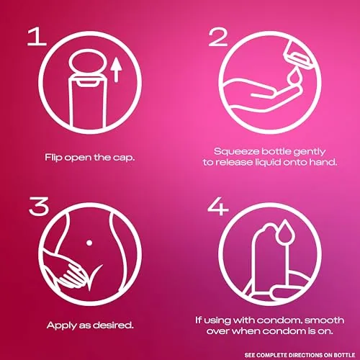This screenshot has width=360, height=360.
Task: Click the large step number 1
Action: pos(37,37)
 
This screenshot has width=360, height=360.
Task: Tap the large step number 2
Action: pos(218,37)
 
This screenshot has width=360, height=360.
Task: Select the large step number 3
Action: pos(39,206)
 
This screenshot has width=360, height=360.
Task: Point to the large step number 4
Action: pos(218,206)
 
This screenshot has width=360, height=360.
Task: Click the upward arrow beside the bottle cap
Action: pos(117,70)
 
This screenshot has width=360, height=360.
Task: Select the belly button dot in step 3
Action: pos(89,243)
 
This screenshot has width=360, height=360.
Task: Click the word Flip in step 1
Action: pos(53,158)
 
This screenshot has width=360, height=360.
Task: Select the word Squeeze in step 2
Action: pos(236,152)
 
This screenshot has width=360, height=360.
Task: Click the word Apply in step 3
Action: pos(62,326)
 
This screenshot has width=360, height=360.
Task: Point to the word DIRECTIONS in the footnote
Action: pos(305,355)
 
